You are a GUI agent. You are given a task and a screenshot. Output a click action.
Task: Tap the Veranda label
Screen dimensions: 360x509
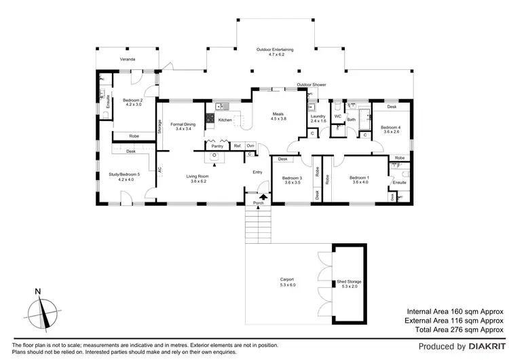(128, 60)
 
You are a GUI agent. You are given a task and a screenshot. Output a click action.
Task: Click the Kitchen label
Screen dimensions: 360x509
(225, 120)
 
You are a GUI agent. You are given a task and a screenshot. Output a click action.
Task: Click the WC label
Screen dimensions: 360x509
(337, 117)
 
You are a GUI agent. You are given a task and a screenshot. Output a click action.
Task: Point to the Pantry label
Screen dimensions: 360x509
(217, 146)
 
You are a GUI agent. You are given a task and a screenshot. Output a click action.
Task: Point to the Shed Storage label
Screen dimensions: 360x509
(346, 283)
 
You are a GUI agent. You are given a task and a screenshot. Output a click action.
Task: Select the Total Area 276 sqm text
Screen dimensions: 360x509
(454, 329)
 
